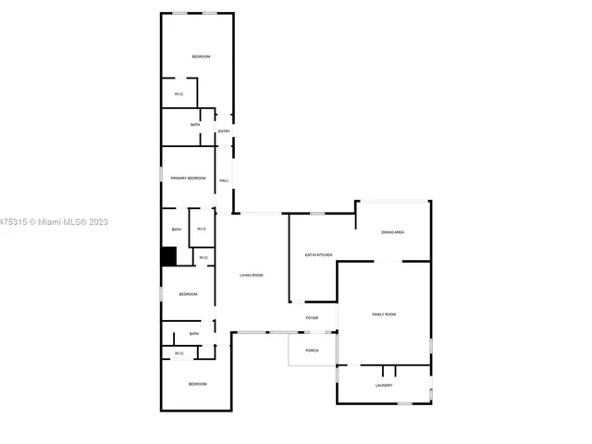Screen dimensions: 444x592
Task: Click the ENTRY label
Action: pyautogui.click(x=224, y=131)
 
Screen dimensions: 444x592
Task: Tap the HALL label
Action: pyautogui.click(x=224, y=180)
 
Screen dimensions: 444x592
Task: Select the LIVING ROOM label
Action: pyautogui.click(x=252, y=275)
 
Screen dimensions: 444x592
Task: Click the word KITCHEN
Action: pyautogui.click(x=326, y=254)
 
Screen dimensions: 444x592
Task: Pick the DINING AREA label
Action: pyautogui.click(x=392, y=232)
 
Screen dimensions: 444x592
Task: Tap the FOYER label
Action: pyautogui.click(x=313, y=318)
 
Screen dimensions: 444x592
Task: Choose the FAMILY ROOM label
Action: pyautogui.click(x=384, y=314)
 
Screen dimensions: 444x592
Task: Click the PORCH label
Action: pyautogui.click(x=313, y=351)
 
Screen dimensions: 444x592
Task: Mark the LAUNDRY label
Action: pyautogui.click(x=384, y=386)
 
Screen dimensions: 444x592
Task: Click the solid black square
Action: pyautogui.click(x=168, y=256)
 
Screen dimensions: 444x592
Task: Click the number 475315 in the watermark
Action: pyautogui.click(x=13, y=222)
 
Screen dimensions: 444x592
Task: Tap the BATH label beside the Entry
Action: pyautogui.click(x=195, y=125)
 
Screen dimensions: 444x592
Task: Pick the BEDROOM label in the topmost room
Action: pyautogui.click(x=201, y=57)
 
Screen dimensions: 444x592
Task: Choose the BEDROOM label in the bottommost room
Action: pyautogui.click(x=197, y=384)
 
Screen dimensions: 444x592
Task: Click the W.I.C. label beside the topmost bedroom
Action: pyautogui.click(x=179, y=93)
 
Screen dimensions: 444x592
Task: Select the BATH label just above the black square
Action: pyautogui.click(x=176, y=229)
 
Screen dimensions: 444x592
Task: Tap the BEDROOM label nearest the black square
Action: pyautogui.click(x=189, y=294)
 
